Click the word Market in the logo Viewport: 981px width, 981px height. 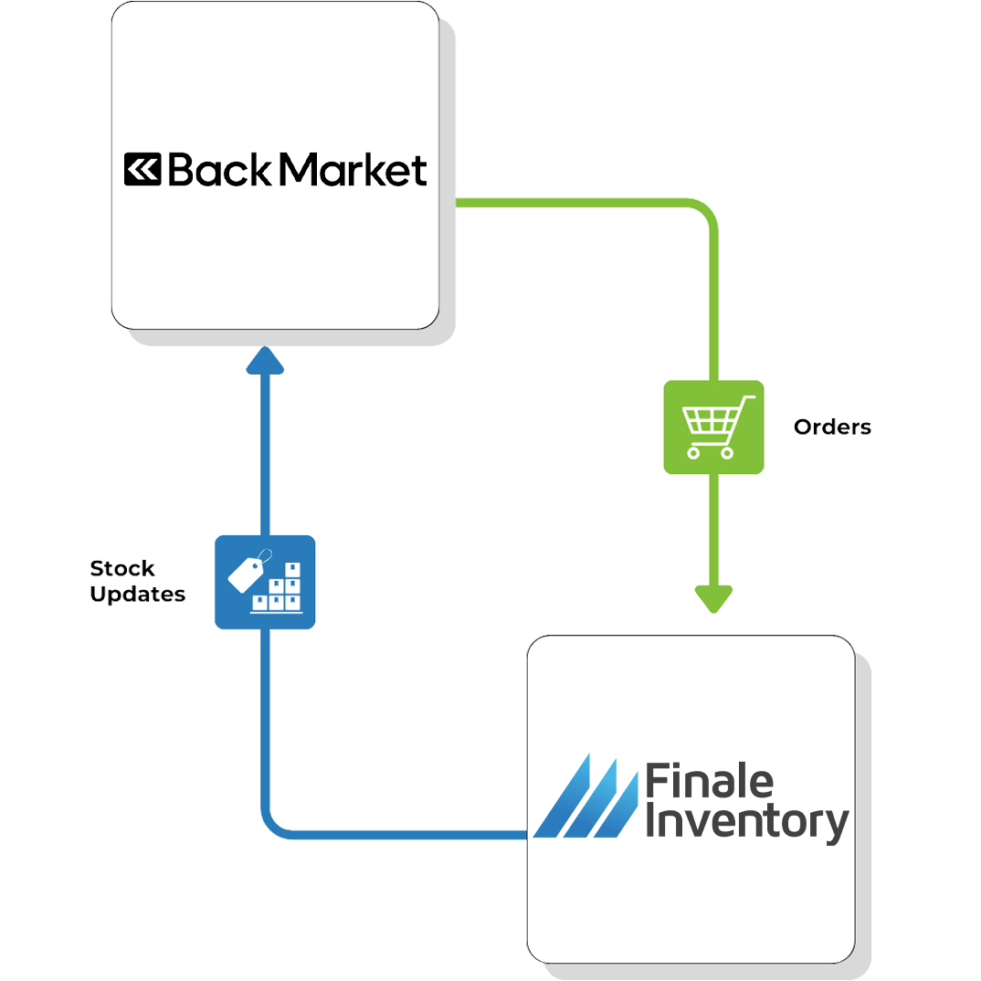[x=352, y=171]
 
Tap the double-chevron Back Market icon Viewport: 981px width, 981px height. [x=142, y=171]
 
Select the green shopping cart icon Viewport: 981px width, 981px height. [x=713, y=427]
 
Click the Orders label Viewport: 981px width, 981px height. [x=832, y=427]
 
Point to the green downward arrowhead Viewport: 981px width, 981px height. [x=713, y=599]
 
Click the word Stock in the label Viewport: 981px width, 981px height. [x=122, y=568]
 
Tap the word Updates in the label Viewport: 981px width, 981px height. [x=138, y=595]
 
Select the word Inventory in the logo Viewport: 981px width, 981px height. [x=746, y=823]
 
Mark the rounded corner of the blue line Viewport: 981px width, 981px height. [x=273, y=826]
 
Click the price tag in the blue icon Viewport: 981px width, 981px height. [x=247, y=573]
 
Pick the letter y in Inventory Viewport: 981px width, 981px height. [x=835, y=827]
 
